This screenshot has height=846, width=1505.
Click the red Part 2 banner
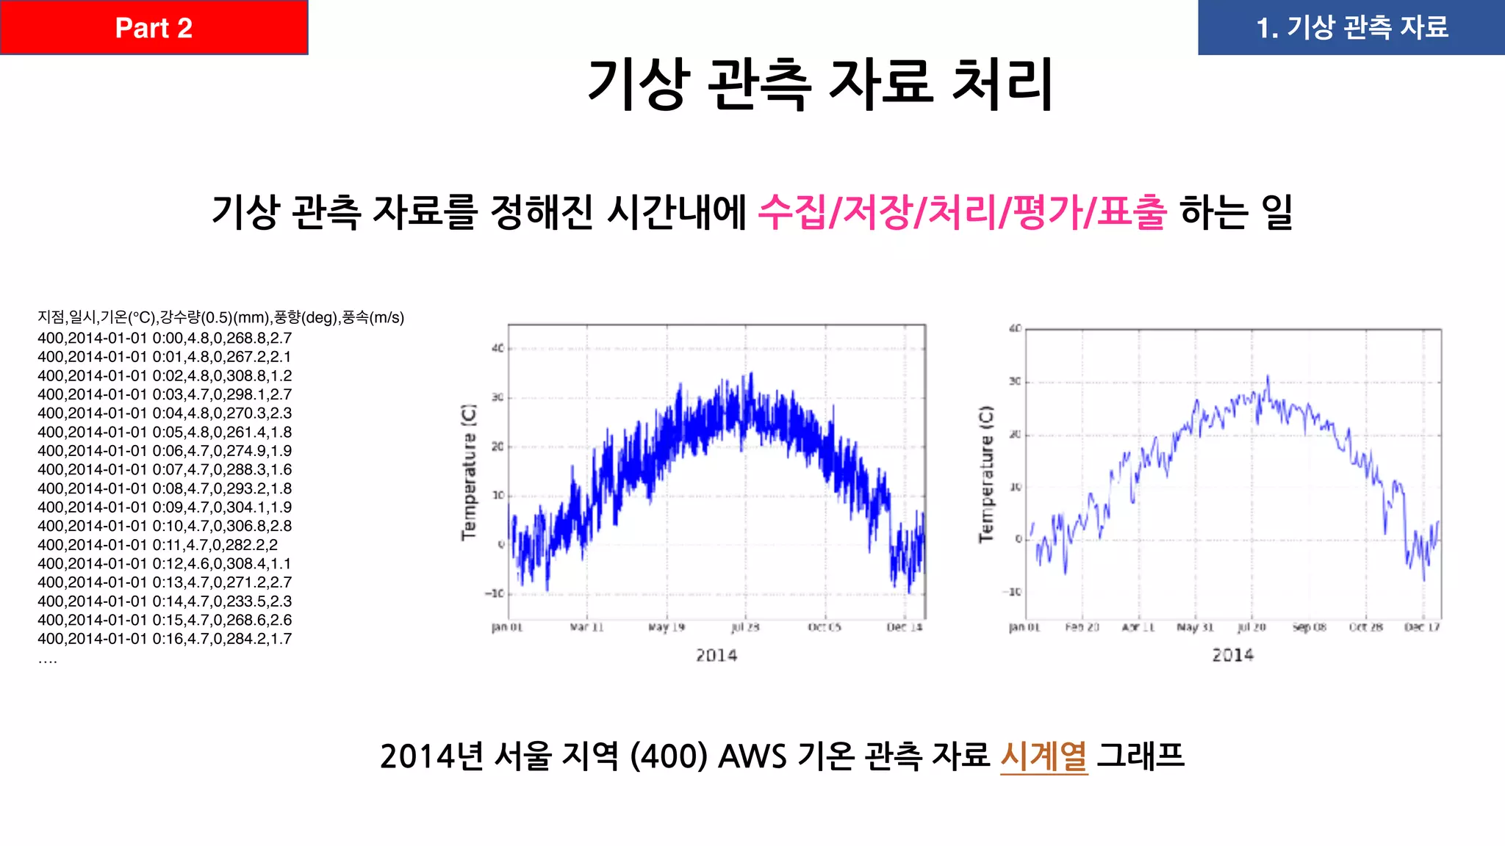click(x=154, y=28)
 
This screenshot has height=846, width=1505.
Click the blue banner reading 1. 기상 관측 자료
click(x=1351, y=28)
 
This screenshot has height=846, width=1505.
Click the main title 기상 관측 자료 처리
click(x=820, y=84)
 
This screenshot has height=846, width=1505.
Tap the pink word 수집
click(x=791, y=212)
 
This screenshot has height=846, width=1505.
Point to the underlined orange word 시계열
click(x=1044, y=756)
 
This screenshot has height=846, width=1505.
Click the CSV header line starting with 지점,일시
click(x=220, y=317)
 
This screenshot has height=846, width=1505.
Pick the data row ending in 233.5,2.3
click(x=165, y=601)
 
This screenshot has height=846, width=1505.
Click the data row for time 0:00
click(x=165, y=339)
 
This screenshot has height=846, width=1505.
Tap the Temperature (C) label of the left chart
click(x=469, y=472)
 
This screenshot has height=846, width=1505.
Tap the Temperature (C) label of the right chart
click(x=986, y=474)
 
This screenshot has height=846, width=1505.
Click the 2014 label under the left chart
click(x=716, y=655)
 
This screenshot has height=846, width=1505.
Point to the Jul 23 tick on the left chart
click(x=745, y=627)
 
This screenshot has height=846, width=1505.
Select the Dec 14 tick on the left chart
click(x=904, y=627)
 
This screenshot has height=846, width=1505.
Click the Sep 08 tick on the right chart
click(x=1310, y=627)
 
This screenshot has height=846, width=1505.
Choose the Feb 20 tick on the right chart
click(x=1082, y=627)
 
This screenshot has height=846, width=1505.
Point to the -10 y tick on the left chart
click(x=495, y=593)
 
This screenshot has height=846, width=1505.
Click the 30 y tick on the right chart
click(x=1015, y=382)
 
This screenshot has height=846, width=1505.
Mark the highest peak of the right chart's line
click(x=1268, y=377)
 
